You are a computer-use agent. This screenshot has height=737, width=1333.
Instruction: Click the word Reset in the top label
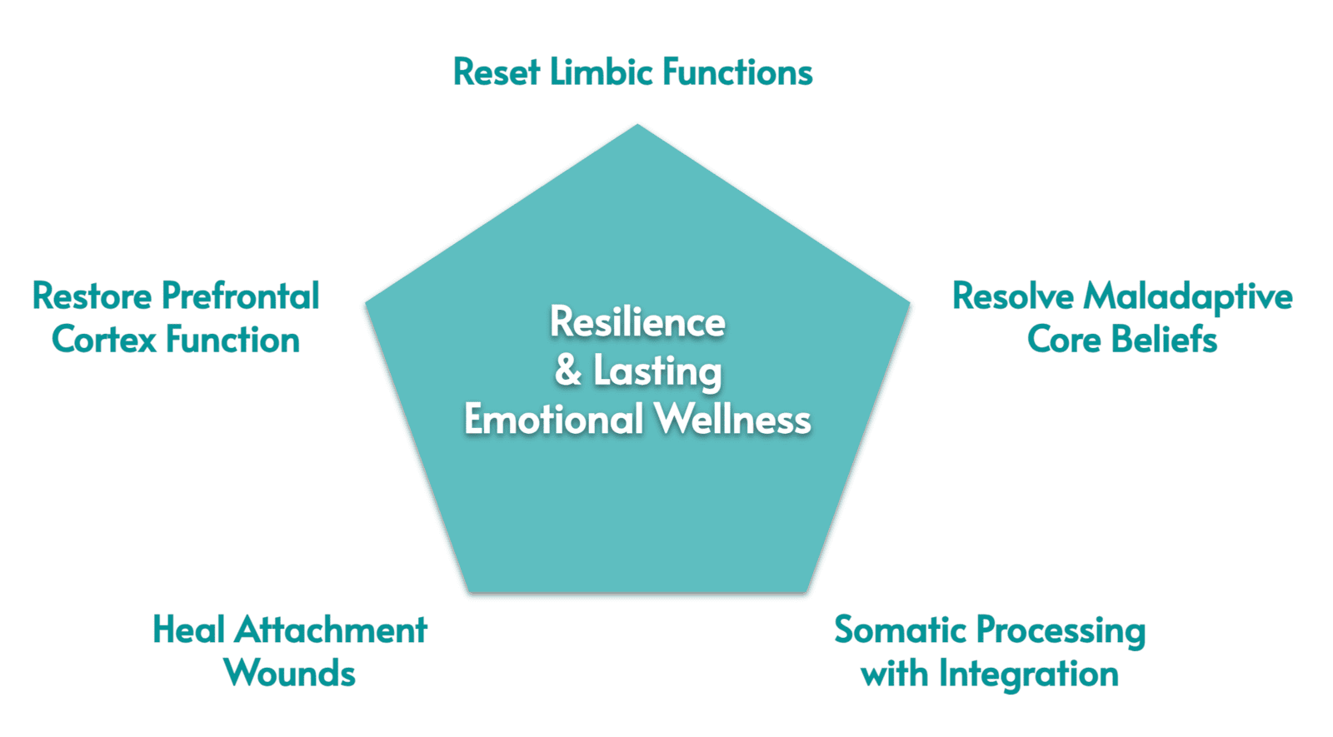(497, 72)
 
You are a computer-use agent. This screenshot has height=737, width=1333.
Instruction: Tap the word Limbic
(602, 72)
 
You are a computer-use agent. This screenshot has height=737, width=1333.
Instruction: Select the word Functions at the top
(738, 72)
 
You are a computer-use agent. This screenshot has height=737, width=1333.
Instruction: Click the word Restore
(92, 296)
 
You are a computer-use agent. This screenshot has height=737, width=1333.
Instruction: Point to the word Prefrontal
(241, 296)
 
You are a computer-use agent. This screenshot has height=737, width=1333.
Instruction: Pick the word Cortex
(104, 340)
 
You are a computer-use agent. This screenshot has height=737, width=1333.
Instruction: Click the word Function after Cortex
(232, 339)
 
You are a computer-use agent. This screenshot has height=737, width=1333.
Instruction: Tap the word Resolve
(1013, 296)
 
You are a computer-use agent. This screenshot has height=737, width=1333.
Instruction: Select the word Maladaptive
(1188, 296)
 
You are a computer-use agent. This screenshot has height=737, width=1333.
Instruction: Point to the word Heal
(188, 630)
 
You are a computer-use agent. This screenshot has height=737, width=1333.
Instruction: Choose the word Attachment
(330, 630)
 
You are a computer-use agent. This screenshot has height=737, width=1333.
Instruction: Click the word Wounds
(290, 674)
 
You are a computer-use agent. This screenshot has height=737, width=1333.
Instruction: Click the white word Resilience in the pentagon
(637, 322)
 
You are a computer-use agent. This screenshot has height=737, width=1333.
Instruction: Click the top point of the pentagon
(637, 124)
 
